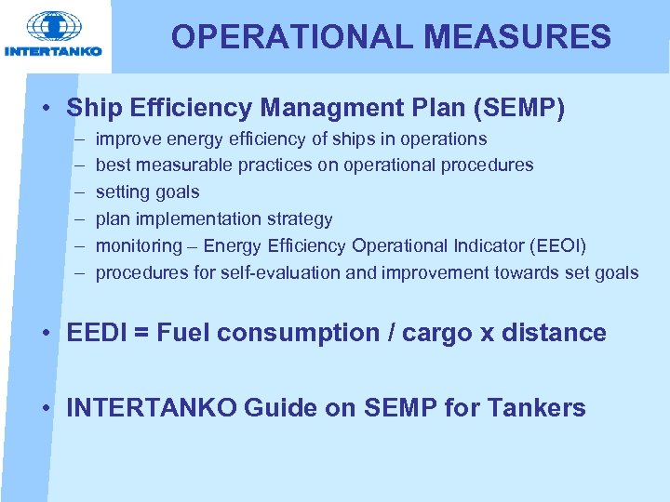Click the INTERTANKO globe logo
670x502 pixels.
pos(53,28)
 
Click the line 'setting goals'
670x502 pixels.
pos(147,192)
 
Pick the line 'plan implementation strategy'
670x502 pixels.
pos(214,219)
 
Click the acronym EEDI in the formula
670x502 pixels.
pos(97,333)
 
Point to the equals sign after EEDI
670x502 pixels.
pos(141,334)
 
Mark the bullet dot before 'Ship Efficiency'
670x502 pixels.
pos(47,109)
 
